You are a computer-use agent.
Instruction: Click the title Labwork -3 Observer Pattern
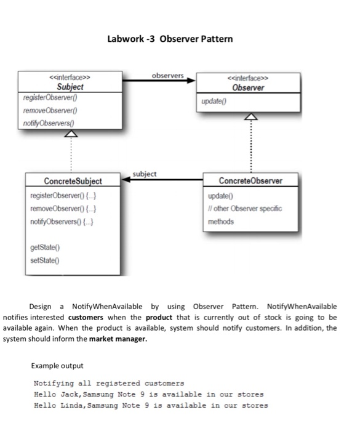[170, 39]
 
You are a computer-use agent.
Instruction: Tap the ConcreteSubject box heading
[73, 181]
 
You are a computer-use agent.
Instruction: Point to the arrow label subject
[145, 174]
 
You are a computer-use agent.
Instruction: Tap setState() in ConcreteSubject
[44, 260]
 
